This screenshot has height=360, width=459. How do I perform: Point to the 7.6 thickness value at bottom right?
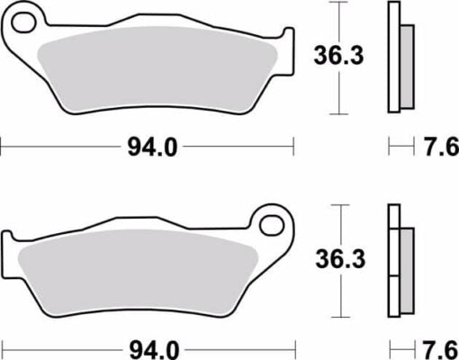tap(438, 346)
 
